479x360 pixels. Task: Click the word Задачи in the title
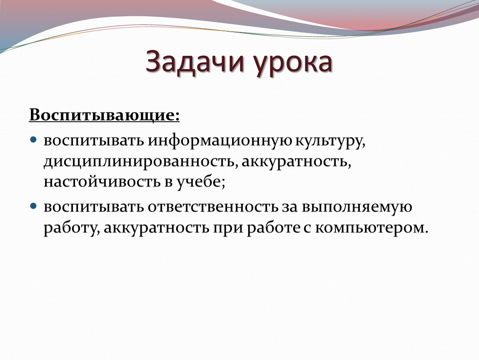point(195,62)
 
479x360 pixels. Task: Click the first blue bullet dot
point(33,140)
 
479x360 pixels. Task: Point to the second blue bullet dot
point(33,206)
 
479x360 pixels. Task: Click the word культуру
point(330,141)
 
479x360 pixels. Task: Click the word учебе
point(201,182)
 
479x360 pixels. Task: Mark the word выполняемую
point(357,207)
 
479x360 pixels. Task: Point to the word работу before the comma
point(72,228)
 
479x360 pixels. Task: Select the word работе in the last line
point(273,227)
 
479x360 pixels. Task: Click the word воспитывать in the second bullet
point(94,207)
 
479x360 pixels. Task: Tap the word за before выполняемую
point(290,207)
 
